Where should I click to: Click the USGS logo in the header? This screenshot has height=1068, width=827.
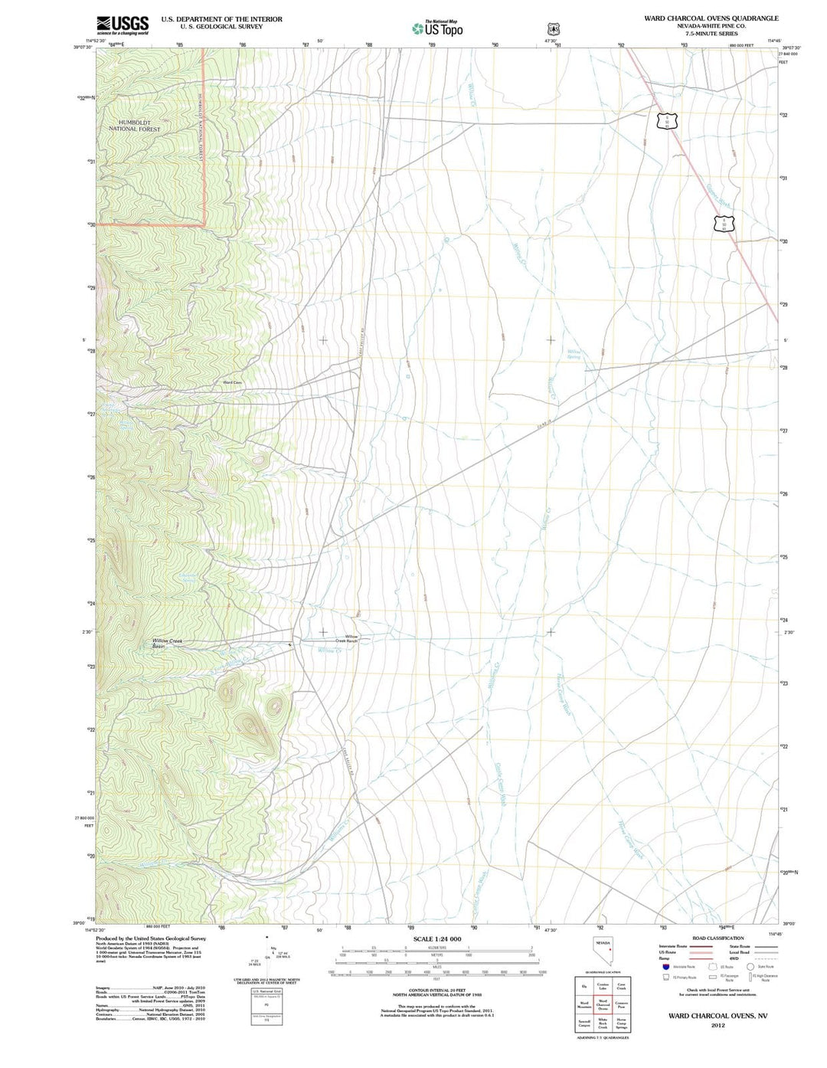(123, 25)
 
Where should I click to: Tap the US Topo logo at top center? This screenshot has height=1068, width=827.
(437, 28)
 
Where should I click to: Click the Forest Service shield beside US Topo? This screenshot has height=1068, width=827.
(554, 28)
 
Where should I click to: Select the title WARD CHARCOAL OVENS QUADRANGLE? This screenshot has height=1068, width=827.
(711, 18)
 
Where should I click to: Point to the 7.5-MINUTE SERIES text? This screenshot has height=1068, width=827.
(711, 34)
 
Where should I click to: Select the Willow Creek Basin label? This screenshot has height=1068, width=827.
(166, 644)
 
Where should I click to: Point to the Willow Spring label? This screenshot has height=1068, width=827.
(574, 354)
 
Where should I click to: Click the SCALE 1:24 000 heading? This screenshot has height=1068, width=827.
(436, 939)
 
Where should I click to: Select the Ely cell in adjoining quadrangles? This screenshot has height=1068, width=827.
(584, 986)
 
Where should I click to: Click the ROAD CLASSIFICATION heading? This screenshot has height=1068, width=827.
(717, 938)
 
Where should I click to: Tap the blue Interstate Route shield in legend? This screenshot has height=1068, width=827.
(665, 967)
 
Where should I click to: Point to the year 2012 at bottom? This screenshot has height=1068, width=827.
(717, 1025)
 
